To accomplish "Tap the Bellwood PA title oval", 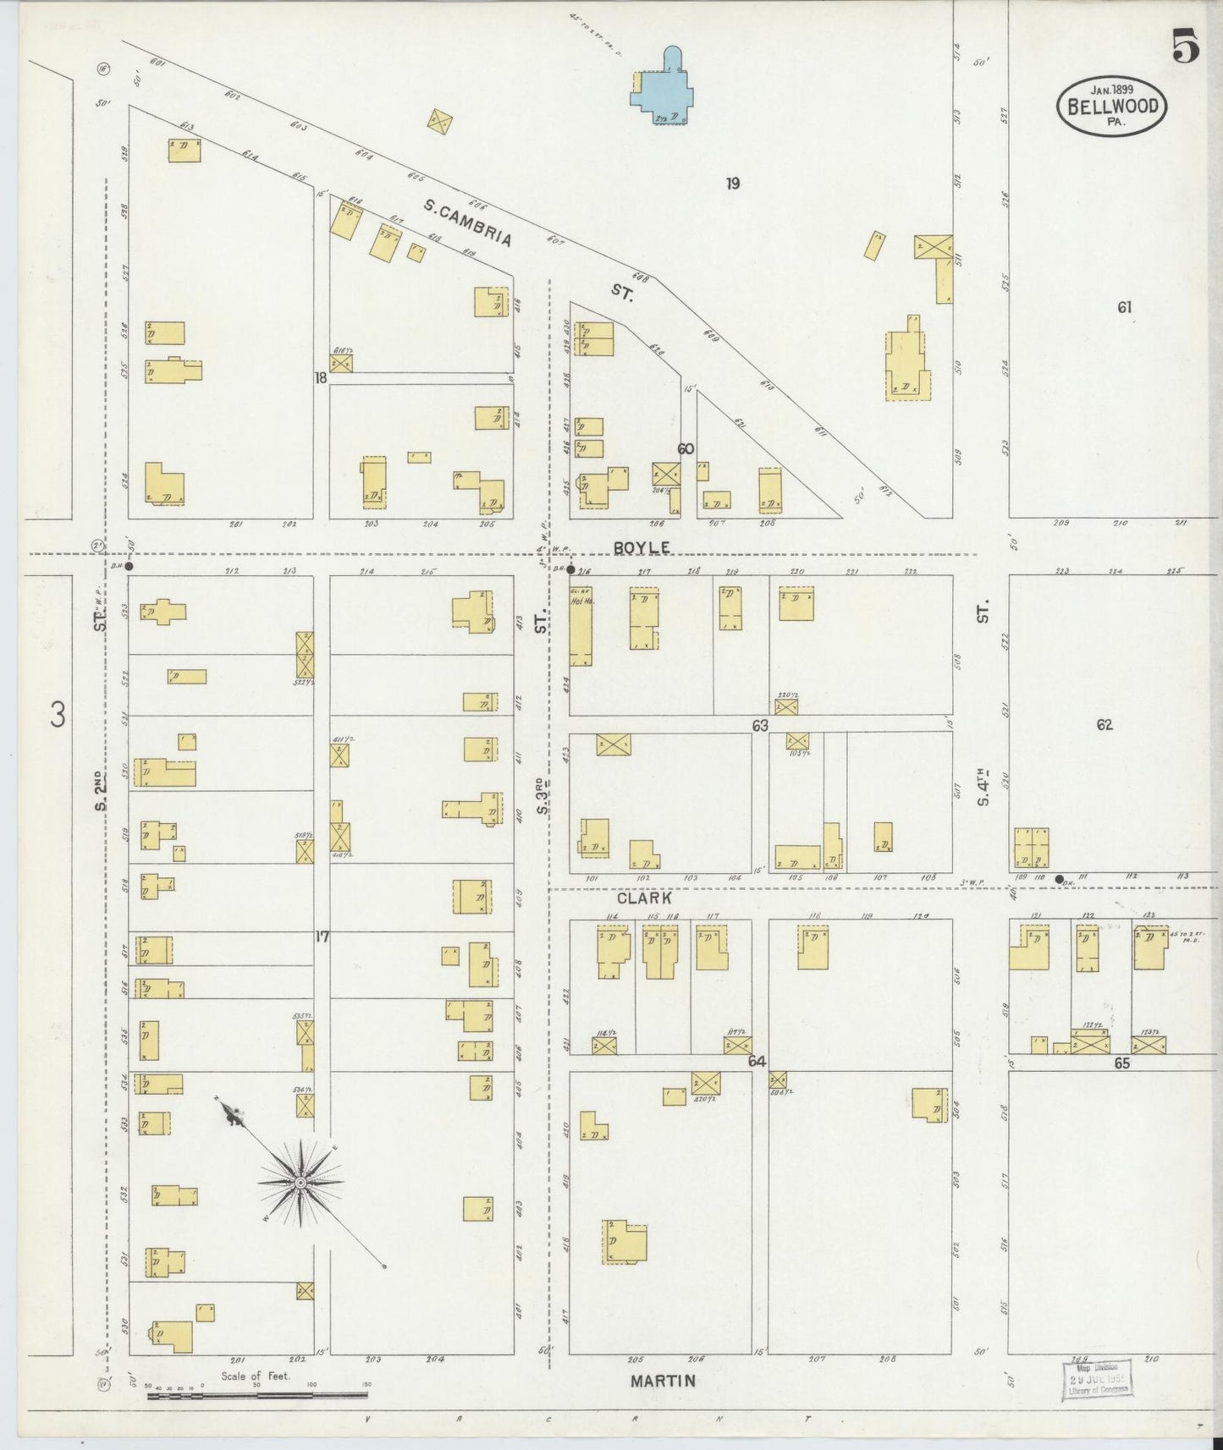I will pos(1112,106).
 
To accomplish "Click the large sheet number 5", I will pos(1185,47).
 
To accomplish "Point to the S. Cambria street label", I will pos(468,222).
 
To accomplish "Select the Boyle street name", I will pos(642,548).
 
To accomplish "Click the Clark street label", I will pos(644,898).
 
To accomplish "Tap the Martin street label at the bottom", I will pos(664,1381).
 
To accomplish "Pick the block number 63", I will pos(759,725).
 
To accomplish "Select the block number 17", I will pos(322,936).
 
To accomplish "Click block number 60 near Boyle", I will pos(686,449).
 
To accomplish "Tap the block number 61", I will pos(1124,308).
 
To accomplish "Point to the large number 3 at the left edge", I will pos(57,716).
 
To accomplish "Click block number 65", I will pos(1122,1064).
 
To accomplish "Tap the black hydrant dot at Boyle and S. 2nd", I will pos(129,566).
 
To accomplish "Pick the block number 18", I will pos(320,378).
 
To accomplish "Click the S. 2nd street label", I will pos(101,791).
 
